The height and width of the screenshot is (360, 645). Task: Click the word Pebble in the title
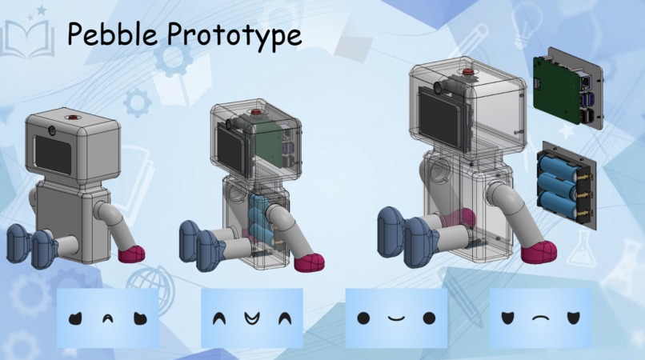112,34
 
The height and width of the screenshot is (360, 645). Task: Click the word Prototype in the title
234,36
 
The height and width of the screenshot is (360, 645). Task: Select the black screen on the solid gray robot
53,154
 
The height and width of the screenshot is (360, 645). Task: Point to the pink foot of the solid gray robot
131,254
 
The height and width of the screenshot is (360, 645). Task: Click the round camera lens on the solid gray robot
52,130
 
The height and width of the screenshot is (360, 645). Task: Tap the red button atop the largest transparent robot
467,72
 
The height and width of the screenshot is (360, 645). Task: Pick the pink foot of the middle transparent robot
310,263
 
